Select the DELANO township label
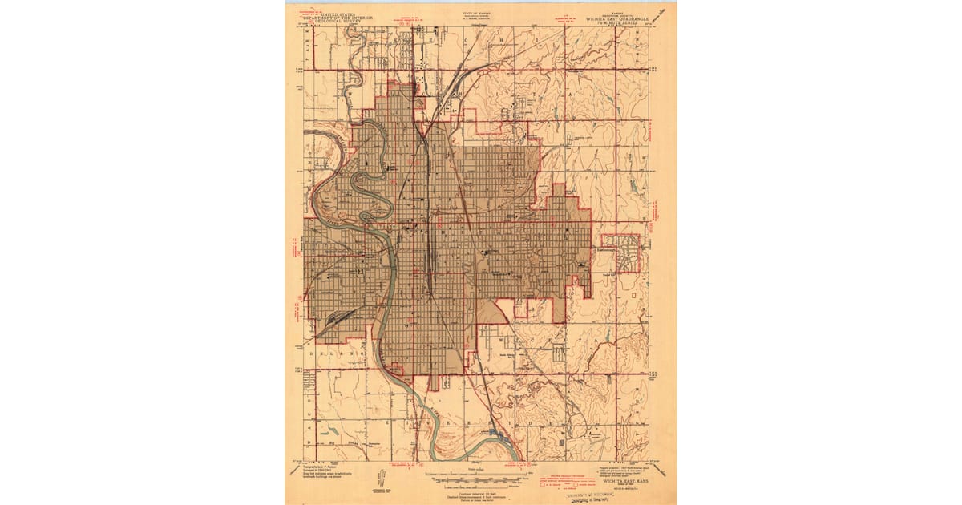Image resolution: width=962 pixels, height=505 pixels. (333, 352)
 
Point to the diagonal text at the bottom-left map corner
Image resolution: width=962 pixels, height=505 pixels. (296, 470)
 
